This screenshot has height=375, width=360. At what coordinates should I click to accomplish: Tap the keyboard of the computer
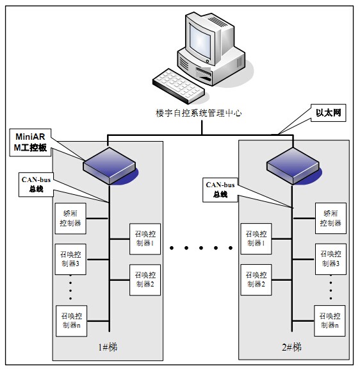tap(179, 86)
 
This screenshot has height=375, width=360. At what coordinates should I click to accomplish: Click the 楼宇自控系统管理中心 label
tap(199, 113)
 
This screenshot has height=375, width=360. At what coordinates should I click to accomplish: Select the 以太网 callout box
tap(328, 113)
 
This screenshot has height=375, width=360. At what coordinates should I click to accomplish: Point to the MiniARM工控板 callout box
tap(30, 142)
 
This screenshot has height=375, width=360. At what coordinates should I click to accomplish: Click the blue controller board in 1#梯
tap(110, 165)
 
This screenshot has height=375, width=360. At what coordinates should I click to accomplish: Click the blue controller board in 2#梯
tap(293, 166)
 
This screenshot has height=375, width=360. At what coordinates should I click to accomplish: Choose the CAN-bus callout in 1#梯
tap(36, 185)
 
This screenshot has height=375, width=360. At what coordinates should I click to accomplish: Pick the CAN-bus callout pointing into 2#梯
tap(220, 190)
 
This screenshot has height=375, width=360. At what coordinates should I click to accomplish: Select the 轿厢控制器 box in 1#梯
tap(70, 219)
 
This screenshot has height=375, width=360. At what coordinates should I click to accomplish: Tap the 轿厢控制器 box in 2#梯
tap(331, 218)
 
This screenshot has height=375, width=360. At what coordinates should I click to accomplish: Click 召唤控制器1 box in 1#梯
tap(145, 238)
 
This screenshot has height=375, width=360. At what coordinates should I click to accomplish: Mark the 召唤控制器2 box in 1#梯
tap(145, 280)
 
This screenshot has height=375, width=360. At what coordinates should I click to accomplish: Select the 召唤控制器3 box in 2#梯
tap(331, 259)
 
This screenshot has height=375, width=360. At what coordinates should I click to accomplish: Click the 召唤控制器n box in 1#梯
tap(71, 321)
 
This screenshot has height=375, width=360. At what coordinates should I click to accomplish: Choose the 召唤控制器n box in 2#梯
tap(330, 321)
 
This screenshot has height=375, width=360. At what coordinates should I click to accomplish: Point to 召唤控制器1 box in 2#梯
tap(256, 238)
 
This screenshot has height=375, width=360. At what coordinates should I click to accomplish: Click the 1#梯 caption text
tap(108, 347)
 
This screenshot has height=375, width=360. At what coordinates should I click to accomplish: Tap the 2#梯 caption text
tap(291, 347)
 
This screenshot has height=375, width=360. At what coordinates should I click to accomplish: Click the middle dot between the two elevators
tap(201, 248)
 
